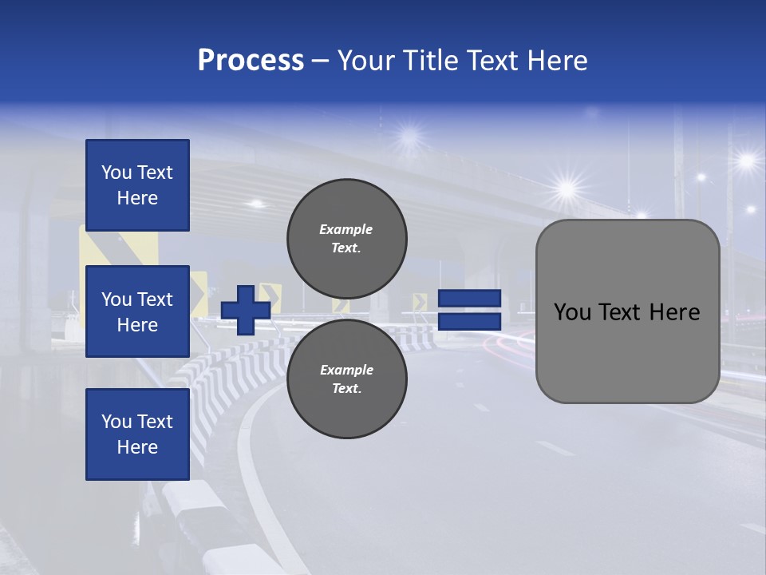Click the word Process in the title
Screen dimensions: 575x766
click(251, 61)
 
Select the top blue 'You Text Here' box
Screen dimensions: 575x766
click(137, 185)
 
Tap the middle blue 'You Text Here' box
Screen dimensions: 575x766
click(137, 311)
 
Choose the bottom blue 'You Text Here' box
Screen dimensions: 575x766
click(137, 434)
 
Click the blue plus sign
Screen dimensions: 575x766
click(245, 311)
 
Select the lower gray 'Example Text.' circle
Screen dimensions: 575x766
click(346, 379)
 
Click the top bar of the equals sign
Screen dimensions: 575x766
click(469, 298)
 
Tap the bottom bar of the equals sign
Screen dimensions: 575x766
click(469, 322)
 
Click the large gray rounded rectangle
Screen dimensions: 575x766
click(627, 351)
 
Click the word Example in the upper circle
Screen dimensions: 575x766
click(345, 229)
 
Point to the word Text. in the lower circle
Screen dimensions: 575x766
click(345, 389)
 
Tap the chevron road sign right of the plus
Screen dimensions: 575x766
click(269, 295)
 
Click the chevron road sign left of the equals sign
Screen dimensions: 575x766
click(420, 302)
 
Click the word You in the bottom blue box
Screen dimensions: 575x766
click(116, 421)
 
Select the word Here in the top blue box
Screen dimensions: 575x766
click(137, 198)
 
